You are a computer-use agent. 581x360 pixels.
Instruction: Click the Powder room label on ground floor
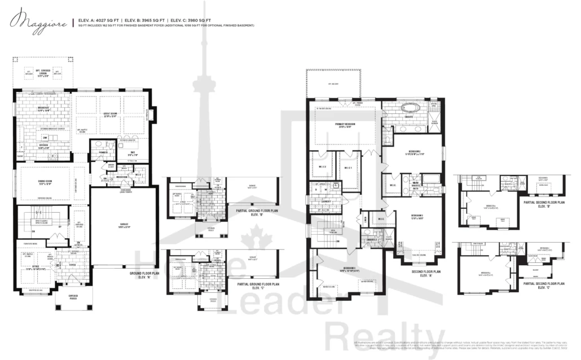pos(103,152)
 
